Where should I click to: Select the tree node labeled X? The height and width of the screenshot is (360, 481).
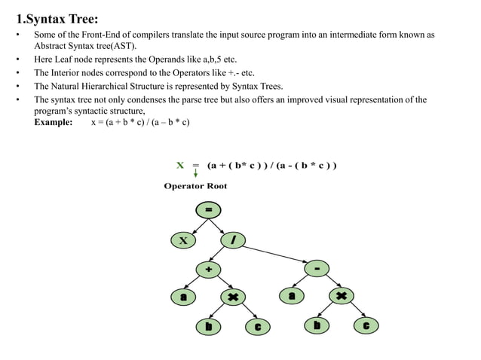(182, 240)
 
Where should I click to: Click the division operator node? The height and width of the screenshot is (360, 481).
(234, 240)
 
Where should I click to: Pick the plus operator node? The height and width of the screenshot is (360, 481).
(208, 269)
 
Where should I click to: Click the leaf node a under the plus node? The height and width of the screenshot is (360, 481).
(182, 297)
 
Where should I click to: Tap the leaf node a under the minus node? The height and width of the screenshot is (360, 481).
(292, 297)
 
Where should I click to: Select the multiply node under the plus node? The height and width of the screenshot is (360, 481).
(233, 297)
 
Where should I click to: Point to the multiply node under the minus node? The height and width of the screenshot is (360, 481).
(342, 297)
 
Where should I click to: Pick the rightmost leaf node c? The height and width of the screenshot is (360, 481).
(366, 326)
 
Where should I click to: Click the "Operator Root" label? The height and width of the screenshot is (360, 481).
(195, 186)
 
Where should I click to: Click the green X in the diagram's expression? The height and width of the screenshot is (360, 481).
(179, 165)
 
